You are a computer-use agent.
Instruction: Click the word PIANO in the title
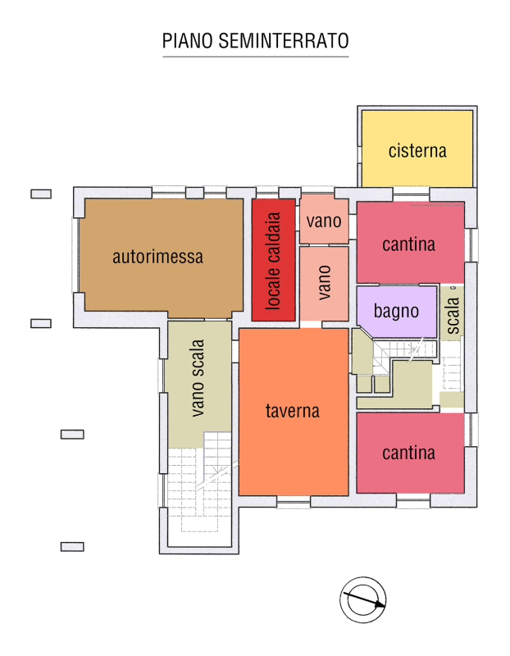pos(189,41)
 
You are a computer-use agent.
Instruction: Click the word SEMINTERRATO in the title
pos(284,41)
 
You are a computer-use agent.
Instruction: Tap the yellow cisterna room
pos(417,148)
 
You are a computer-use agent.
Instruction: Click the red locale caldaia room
pos(274,260)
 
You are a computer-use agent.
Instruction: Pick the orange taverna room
pos(294,412)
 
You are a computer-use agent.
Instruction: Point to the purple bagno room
pos(397,312)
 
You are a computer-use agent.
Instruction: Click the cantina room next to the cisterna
pos(411,243)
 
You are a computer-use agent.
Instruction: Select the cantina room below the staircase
pos(411,453)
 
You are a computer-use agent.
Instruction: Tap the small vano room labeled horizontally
pos(324,219)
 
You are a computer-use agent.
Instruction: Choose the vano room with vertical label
pos(324,283)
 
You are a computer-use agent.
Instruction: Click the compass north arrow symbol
pos(362,600)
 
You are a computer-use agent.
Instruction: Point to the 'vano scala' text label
pos(197,378)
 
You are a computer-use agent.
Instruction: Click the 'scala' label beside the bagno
pos(453,316)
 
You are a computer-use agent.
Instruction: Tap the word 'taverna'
pos(293,411)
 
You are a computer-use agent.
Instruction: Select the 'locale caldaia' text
pos(273,261)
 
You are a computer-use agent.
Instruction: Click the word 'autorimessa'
pos(157,257)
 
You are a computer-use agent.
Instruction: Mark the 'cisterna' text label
pos(417,151)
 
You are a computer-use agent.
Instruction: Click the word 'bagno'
pos(396,312)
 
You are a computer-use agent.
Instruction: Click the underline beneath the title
pos(256,57)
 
